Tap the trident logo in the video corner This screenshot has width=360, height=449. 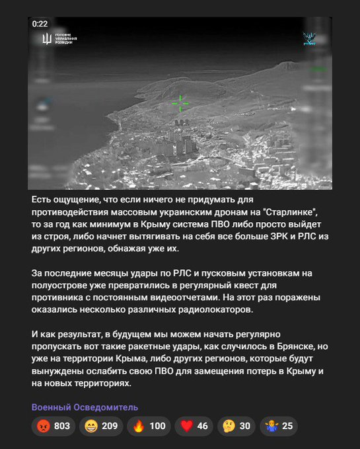46,40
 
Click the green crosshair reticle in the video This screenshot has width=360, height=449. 180,103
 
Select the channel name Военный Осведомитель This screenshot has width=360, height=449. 85,407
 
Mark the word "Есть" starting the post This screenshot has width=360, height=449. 43,199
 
